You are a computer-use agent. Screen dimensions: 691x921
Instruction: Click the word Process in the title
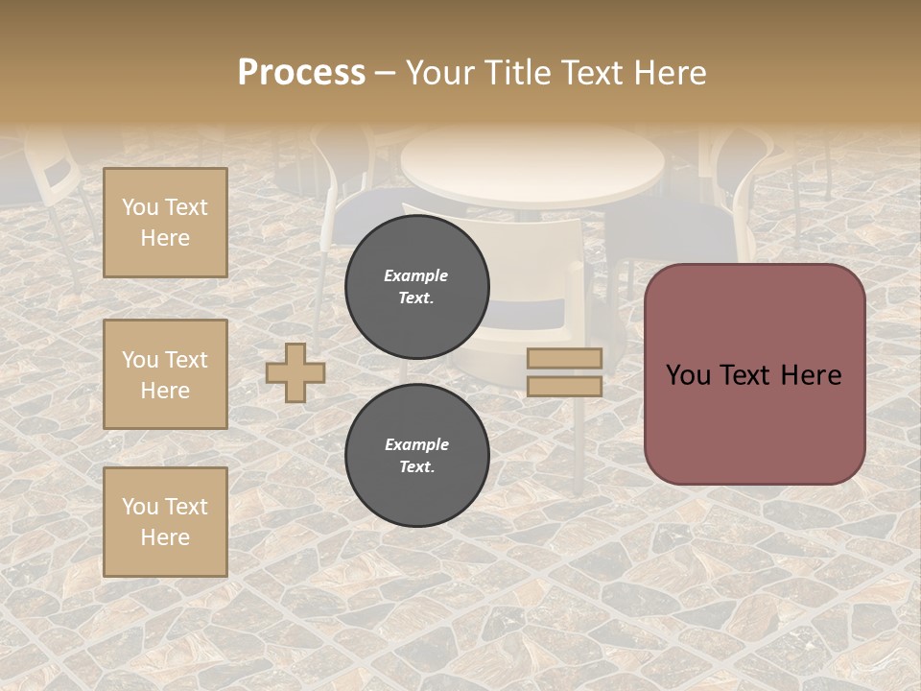click(301, 73)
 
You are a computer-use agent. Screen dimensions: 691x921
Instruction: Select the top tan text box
click(165, 223)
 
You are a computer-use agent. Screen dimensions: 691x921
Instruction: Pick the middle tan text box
click(165, 374)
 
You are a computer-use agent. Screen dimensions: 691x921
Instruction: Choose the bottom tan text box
click(165, 522)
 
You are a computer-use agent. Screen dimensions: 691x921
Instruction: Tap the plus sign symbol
click(295, 372)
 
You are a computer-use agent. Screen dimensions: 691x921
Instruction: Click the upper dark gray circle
click(417, 287)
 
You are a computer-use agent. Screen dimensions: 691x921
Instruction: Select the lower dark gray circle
click(417, 455)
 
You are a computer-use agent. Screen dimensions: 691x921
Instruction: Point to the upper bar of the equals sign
click(565, 358)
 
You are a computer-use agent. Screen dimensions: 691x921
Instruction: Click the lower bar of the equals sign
click(565, 386)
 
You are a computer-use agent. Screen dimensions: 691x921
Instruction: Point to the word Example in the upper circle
click(416, 275)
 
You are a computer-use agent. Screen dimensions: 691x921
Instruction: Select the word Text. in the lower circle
click(416, 466)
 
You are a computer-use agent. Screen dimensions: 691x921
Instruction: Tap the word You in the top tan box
click(140, 207)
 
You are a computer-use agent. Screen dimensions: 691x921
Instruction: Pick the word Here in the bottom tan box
click(165, 537)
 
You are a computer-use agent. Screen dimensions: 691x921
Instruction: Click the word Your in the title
click(441, 73)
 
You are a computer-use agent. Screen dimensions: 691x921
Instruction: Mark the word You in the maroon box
click(688, 375)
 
